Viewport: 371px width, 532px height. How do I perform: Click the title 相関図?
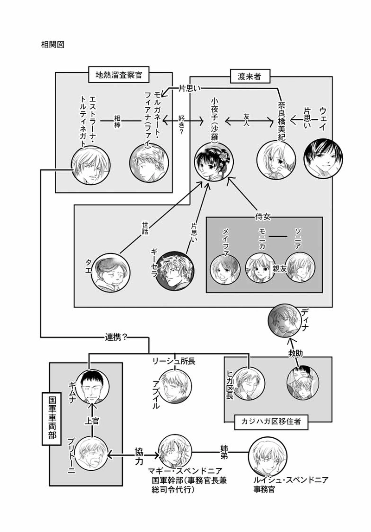click(x=51, y=45)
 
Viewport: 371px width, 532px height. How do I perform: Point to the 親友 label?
click(x=279, y=271)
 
